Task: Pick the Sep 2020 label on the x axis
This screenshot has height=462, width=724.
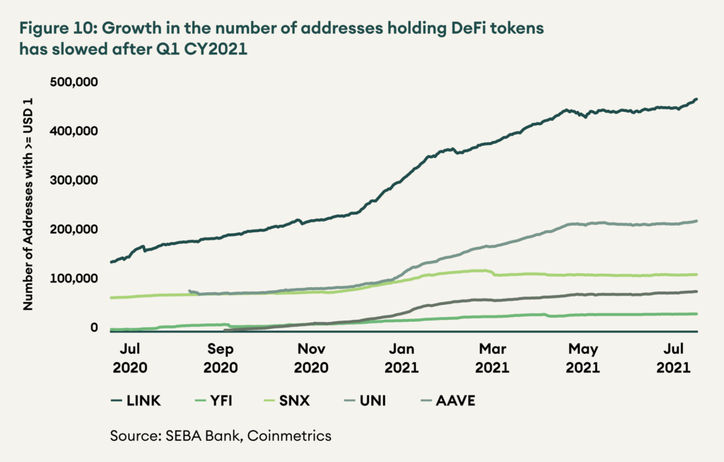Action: pos(221,358)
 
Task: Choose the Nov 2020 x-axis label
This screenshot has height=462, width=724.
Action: pos(311,358)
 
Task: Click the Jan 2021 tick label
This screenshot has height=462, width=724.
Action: pos(402,358)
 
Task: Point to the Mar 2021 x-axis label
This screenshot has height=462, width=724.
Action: pos(492,358)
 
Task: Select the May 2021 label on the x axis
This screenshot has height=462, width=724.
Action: pos(583,358)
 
